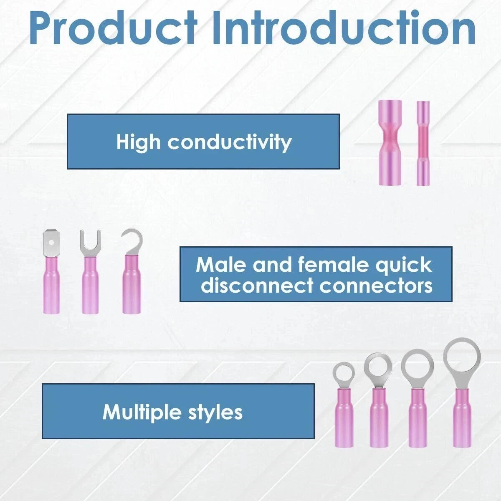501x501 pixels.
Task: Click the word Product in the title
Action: coord(114,28)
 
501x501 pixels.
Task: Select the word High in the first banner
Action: coord(138,142)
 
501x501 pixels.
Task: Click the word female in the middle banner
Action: coord(334,265)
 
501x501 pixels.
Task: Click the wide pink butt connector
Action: coord(390,143)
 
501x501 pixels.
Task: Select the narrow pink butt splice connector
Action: coord(423,143)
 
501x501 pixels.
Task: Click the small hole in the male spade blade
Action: coord(51,242)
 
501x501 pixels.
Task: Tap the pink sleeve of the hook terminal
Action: coord(132,284)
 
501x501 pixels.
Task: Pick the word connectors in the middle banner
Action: coord(376,286)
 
